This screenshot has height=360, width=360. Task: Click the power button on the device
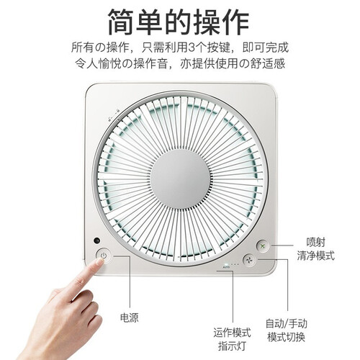[x=104, y=256]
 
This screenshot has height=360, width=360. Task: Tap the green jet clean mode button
[x=263, y=246]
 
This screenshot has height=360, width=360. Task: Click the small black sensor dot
[x=97, y=240]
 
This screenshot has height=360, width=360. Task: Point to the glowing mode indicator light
[x=225, y=265]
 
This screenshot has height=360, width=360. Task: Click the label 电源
[x=130, y=318]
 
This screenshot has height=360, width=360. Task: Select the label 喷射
[x=315, y=242]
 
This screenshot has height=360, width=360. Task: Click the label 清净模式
[x=315, y=256]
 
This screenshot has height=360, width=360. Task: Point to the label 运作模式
[x=232, y=333]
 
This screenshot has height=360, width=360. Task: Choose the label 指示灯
[x=232, y=346]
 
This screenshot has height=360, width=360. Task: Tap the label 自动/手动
[x=286, y=323]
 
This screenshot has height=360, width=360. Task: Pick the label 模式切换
[x=286, y=337]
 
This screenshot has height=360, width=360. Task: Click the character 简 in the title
[x=122, y=22]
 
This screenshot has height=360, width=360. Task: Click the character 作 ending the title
[x=236, y=22]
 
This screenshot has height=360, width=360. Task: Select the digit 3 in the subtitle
[x=192, y=48]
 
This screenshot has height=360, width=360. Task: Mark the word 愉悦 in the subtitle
[x=109, y=63]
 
